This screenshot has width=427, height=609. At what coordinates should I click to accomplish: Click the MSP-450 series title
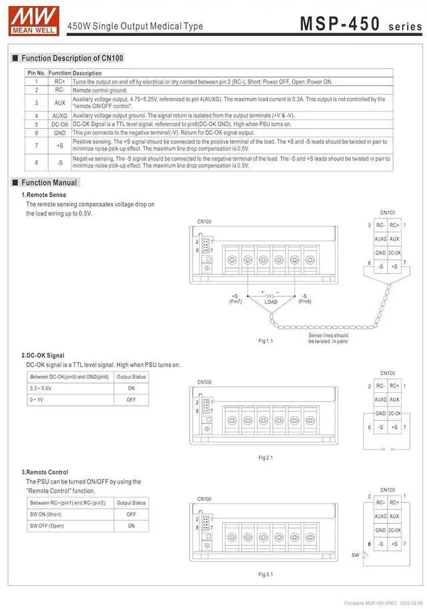pos(360,24)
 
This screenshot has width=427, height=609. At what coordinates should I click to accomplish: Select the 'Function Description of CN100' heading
pos(72,58)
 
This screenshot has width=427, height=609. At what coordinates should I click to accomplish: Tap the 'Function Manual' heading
pos(49,182)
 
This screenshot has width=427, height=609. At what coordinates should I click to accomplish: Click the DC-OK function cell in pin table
pos(59,124)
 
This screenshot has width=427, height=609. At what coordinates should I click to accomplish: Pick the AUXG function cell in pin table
pos(59,115)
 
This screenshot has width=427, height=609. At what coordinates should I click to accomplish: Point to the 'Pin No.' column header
pos(36,73)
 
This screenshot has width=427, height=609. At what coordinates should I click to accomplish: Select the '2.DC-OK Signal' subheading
pos(47,356)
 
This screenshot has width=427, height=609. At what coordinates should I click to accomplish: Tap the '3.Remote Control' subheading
pos(49,472)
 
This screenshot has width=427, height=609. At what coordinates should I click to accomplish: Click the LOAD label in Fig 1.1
pos(271,302)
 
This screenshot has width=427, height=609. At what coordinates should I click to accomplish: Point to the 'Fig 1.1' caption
pos(266,341)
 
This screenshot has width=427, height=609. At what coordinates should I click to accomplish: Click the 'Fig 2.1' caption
pos(266,458)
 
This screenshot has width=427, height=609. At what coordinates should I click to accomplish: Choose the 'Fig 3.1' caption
pos(266,574)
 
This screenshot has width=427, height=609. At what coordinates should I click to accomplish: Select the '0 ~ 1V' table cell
pos(37,399)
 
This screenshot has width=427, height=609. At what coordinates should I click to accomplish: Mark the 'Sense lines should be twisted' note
pos(328,338)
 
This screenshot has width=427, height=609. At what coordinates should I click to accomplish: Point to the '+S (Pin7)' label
pos(235,298)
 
